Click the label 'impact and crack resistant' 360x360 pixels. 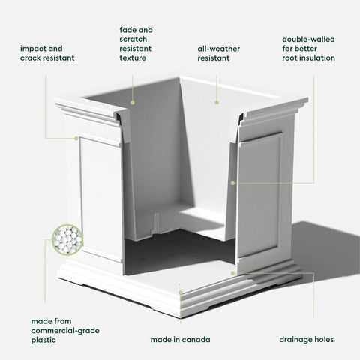point(47,53)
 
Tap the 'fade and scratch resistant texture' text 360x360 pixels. point(136,44)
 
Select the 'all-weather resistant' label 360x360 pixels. point(219,53)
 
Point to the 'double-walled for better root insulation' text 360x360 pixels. point(308,49)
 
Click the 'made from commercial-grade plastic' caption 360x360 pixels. point(65,330)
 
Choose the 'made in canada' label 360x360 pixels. point(180,340)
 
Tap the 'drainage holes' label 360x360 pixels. point(307,340)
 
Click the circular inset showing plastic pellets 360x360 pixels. point(67,240)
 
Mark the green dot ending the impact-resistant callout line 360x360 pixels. point(76,139)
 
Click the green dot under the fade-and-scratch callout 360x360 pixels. point(133,103)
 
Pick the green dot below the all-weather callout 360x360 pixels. point(217,102)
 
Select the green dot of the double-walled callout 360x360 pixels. point(232,183)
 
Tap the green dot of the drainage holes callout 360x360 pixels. point(232,273)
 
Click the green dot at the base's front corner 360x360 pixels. point(181,292)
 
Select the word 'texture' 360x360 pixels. point(133,58)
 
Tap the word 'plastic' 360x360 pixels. point(43,340)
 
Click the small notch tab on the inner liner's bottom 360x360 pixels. point(156,221)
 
